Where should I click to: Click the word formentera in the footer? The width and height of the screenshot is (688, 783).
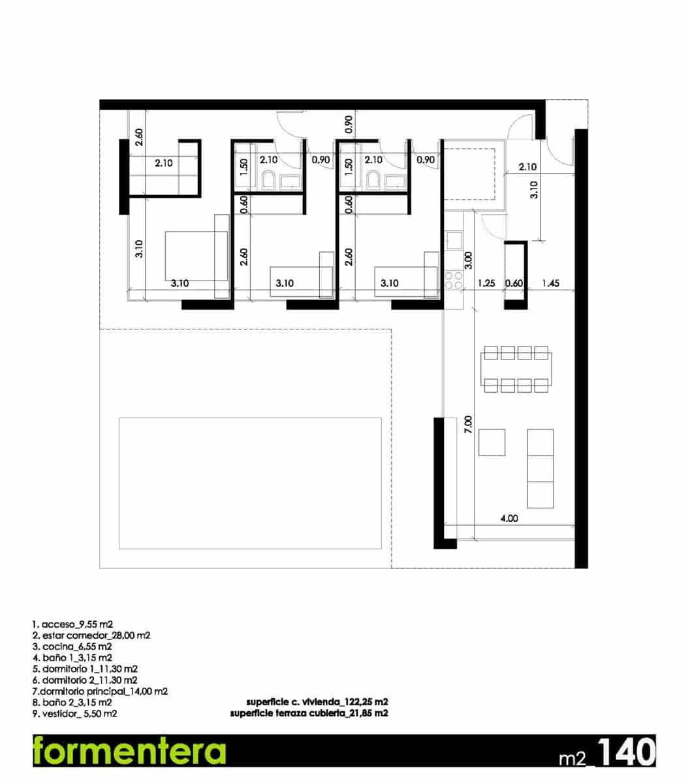point(129,752)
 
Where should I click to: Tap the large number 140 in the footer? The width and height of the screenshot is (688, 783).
point(625,752)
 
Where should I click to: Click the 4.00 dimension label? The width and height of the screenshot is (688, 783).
point(508,519)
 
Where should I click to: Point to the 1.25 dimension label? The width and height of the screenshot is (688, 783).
point(486,284)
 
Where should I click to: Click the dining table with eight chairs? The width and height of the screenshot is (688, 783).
point(516,369)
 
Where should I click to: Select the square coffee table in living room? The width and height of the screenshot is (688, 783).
point(492,442)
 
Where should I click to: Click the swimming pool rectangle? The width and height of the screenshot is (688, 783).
point(250,484)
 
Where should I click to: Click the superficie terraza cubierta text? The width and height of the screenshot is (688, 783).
point(309,714)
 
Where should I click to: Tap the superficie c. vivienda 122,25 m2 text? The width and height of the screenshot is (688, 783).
point(317,702)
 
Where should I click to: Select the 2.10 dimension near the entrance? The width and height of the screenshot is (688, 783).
point(527,167)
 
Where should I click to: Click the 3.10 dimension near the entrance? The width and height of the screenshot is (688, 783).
point(533,189)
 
